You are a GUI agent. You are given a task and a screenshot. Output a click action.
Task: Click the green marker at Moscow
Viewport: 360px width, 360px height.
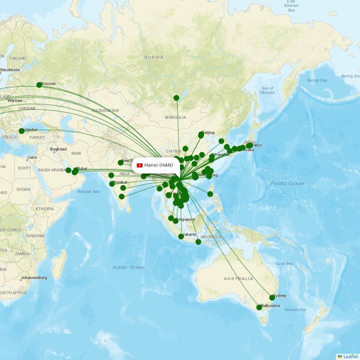click(39, 85)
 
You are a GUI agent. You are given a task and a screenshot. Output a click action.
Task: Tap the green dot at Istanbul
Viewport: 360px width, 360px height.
click(22, 131)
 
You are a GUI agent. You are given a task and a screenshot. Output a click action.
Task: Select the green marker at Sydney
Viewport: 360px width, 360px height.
click(272, 297)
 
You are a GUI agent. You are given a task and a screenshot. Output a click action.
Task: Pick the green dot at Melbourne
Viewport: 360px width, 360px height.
click(259, 307)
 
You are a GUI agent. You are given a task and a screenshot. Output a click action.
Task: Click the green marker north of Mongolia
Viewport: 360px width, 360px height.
click(176, 98)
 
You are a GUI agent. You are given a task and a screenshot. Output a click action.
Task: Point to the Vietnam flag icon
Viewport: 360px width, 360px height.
click(139, 165)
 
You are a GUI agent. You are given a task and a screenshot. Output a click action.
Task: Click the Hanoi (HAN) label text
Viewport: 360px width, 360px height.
click(158, 165)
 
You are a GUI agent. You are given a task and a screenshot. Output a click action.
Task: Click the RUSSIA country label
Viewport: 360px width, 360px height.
click(154, 57)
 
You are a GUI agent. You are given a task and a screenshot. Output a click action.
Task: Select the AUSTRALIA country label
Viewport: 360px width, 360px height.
click(238, 279)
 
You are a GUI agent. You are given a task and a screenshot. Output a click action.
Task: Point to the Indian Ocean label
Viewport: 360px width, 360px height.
click(129, 267)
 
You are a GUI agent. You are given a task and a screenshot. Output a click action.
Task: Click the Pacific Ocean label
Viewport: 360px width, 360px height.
click(288, 183)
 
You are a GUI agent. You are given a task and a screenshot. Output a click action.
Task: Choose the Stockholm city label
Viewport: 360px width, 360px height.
click(10, 70)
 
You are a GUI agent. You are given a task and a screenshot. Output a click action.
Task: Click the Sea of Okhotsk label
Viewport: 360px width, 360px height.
click(267, 90)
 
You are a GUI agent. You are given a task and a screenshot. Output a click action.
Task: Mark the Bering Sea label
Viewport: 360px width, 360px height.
click(317, 80)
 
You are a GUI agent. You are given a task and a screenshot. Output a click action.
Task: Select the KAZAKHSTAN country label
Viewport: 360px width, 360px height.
click(105, 110)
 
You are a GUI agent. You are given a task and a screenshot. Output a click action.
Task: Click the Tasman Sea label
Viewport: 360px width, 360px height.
click(295, 310)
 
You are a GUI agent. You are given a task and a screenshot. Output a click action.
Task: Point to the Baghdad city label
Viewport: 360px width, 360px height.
click(58, 149)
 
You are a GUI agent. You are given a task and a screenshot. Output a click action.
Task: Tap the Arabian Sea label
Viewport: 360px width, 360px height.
click(89, 191)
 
